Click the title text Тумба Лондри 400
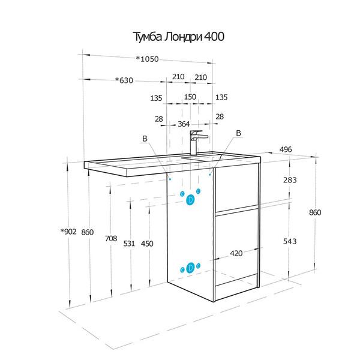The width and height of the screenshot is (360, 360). coord(179,37)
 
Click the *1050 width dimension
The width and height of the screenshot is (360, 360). coord(148,59)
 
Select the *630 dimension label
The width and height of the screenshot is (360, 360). coord(124,80)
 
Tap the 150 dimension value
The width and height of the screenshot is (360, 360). coord(190,97)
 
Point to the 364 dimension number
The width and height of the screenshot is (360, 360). coord(184,124)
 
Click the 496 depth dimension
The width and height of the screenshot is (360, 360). coord(286,149)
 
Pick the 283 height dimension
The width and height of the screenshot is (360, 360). coord(290,180)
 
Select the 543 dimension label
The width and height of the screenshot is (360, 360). coord(290,241)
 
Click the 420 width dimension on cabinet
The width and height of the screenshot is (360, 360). coord(236,253)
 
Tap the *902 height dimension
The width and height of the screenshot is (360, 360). coord(68,232)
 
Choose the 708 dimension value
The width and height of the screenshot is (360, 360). coord(111,239)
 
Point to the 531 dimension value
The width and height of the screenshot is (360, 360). coord(129,244)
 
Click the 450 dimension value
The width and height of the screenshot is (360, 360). coord(147,244)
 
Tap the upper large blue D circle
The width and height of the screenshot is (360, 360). coord(190,200)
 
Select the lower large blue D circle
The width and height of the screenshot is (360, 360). coord(190,268)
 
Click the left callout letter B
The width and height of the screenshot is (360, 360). coord(145,139)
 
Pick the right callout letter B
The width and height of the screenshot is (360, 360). coord(239,133)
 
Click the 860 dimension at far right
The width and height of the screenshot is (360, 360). coord(315,212)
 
